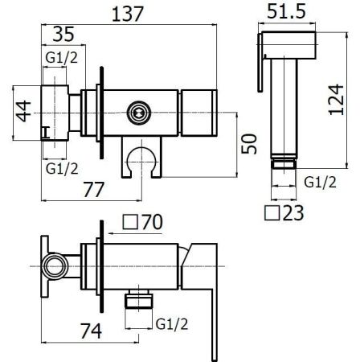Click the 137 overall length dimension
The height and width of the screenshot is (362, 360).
[x=128, y=14]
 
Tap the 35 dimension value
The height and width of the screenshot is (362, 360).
[x=63, y=34]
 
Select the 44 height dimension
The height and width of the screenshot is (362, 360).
[x=22, y=111]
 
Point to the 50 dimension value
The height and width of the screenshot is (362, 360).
[x=249, y=144]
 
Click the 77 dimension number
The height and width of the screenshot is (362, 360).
[x=93, y=190]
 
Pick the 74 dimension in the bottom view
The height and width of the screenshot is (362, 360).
[x=91, y=331]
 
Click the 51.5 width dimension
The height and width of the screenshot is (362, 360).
[x=286, y=11]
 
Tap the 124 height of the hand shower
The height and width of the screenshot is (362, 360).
[x=336, y=100]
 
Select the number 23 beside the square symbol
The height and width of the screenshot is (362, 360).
[x=293, y=213]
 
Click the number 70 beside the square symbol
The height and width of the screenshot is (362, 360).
[x=152, y=222]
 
